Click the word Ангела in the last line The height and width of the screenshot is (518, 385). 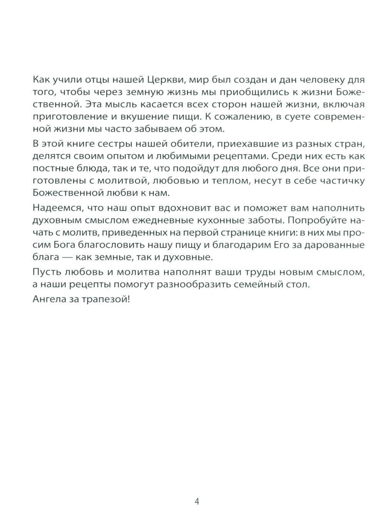[48, 300]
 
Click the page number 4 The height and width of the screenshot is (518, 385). [197, 501]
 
